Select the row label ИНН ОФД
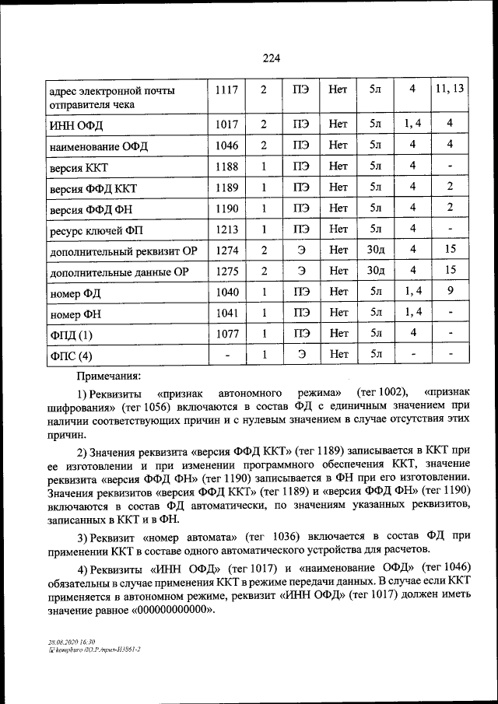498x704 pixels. pos(75,125)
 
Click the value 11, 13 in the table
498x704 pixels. pos(450,89)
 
